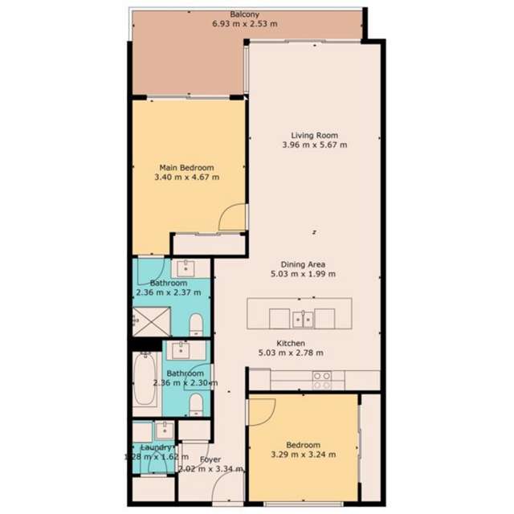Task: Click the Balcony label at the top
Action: pos(244,14)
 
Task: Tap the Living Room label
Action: pos(315,135)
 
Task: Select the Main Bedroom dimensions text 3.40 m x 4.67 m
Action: pos(187,177)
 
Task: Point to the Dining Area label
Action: pos(303,264)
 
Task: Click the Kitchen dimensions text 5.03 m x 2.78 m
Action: pos(290,353)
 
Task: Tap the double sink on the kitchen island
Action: pos(304,319)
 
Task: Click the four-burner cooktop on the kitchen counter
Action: pos(322,379)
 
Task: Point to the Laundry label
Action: pos(157,447)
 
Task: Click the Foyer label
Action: pos(210,459)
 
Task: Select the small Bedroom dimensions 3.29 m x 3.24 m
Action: pos(302,455)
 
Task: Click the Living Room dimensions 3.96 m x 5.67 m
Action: pos(315,145)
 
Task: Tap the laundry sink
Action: pos(163,429)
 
